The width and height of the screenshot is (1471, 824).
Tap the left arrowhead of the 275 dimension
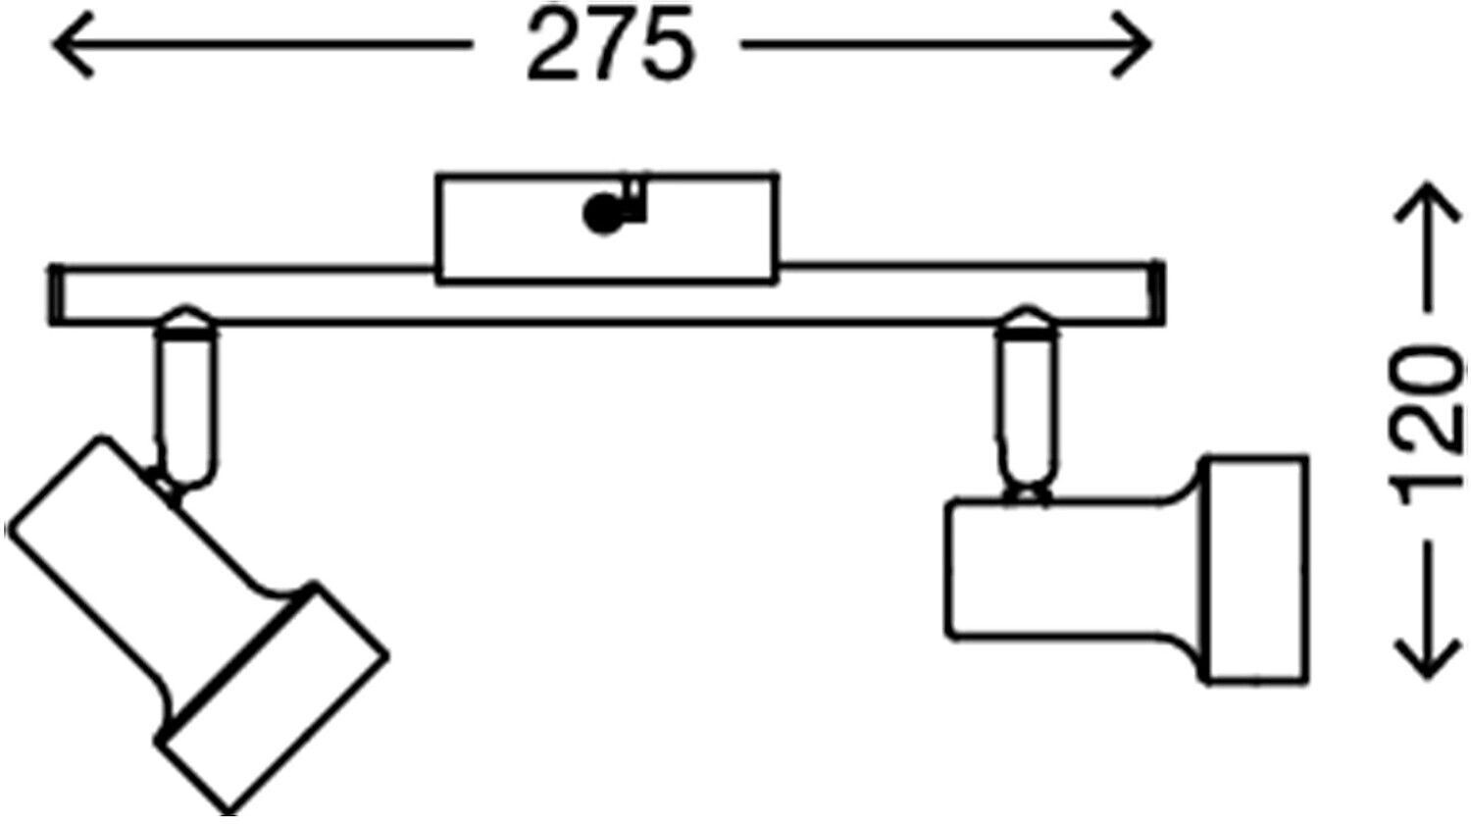[74, 45]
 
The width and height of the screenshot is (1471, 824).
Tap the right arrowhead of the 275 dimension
[1131, 45]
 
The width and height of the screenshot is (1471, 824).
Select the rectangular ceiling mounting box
[607, 229]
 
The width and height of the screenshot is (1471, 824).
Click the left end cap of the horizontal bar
[56, 295]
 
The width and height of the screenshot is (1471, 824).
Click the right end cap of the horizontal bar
[1157, 293]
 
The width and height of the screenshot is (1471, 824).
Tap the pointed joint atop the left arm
[186, 320]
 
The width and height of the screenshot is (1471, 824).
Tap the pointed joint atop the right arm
[1027, 320]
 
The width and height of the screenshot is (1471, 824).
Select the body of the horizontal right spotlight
[1072, 569]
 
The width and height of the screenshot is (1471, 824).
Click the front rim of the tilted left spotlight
[274, 697]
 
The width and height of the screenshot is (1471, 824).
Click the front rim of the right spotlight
[1254, 569]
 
